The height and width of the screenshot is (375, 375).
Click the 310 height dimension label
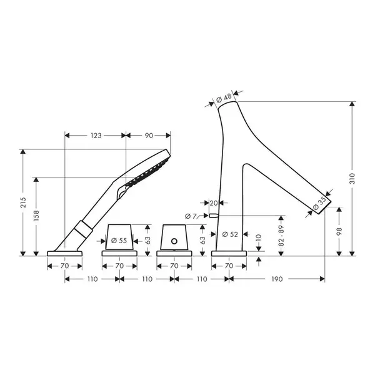352,178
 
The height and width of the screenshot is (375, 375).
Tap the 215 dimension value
23,202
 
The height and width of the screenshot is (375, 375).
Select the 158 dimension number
36,216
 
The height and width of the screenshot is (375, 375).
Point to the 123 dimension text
96,136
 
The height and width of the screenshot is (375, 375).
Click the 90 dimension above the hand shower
149,136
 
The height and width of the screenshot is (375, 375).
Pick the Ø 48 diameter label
224,98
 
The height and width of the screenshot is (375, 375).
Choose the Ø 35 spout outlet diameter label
319,203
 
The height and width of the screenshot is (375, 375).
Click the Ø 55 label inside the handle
119,241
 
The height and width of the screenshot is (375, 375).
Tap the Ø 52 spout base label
230,234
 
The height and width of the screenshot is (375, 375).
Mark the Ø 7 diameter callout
191,216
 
